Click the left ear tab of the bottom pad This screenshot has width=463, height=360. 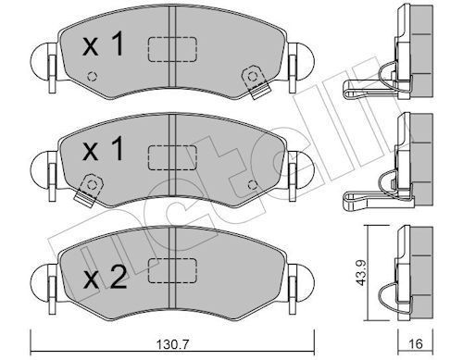click(x=41, y=274)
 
